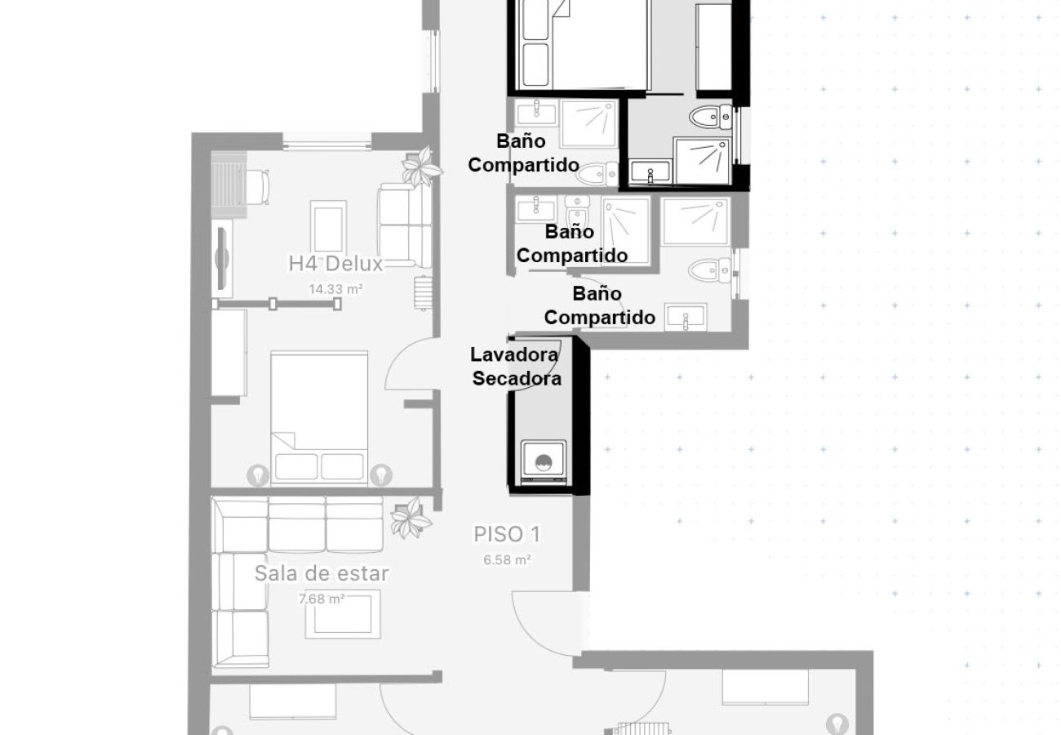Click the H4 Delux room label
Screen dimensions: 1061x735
335,264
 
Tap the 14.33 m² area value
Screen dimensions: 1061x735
335,289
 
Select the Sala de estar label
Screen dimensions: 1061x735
322,573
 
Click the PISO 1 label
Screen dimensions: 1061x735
507,535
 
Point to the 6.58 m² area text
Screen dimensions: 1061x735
507,560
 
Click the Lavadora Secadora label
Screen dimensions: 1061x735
515,367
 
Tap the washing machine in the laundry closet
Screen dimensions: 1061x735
544,462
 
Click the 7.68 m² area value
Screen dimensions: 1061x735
322,599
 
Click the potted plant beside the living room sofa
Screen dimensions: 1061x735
411,518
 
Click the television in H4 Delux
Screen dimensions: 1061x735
223,259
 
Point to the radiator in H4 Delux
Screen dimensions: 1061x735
423,293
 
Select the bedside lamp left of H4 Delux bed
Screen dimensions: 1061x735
258,475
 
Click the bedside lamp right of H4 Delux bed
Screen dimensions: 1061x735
381,475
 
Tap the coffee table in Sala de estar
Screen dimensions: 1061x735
343,614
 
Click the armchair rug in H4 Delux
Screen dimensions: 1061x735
328,226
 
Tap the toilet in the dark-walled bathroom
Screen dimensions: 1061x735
711,117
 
